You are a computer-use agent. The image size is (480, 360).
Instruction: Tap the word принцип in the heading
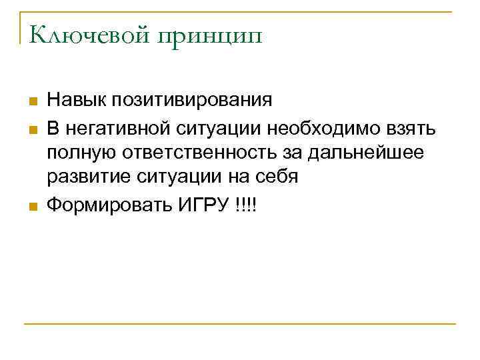(210, 35)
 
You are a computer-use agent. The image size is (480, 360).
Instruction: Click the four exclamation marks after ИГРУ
(245, 205)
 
